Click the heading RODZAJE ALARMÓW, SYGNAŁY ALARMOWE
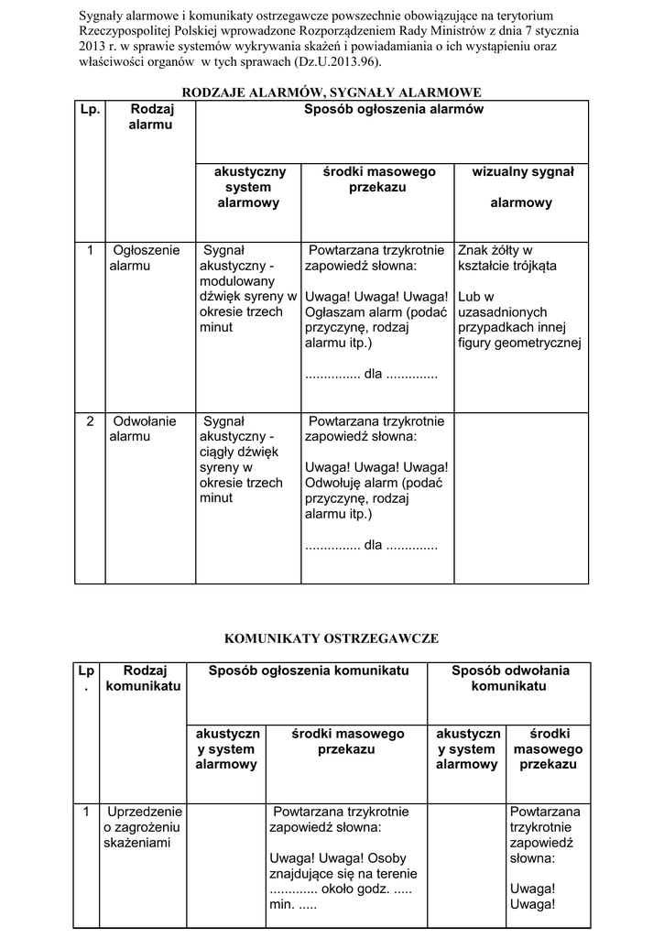click(x=332, y=93)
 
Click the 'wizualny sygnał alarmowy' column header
click(x=521, y=187)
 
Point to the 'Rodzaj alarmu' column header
click(x=151, y=116)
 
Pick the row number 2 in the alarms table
click(x=90, y=421)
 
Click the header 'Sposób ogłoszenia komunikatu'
click(x=308, y=671)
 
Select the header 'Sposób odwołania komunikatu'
click(x=510, y=678)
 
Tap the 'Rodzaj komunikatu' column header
click(x=144, y=678)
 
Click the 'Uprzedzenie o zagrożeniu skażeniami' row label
click(x=144, y=826)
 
